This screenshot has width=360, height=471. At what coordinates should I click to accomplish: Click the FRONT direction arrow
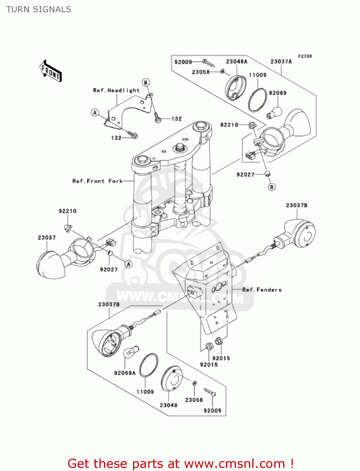click(x=51, y=71)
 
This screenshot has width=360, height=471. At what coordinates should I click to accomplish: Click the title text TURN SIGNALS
click(x=39, y=9)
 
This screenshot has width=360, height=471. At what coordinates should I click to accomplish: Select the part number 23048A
click(x=237, y=62)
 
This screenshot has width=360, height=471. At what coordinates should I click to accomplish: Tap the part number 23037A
click(x=281, y=62)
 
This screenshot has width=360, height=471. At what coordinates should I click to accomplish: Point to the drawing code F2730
click(x=305, y=56)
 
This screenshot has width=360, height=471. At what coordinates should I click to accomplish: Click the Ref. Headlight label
click(x=116, y=90)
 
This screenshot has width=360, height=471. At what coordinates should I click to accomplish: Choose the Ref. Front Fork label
click(x=97, y=181)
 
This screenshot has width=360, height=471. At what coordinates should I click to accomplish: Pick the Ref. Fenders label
click(x=262, y=290)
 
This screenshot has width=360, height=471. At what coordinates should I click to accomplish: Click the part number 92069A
click(x=125, y=373)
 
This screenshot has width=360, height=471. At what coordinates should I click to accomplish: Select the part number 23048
click(x=169, y=405)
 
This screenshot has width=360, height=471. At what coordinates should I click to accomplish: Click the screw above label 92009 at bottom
click(x=210, y=392)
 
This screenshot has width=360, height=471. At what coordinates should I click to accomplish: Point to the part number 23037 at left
click(x=47, y=238)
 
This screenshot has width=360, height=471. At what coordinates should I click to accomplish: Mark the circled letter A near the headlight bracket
click(x=95, y=112)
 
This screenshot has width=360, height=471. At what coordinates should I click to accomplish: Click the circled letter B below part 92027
click(x=272, y=187)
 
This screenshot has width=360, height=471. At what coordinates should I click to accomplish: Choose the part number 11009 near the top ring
click(x=258, y=75)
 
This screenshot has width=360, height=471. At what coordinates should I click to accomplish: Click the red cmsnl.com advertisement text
click(x=180, y=463)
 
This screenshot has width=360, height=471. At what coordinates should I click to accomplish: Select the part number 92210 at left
click(x=67, y=211)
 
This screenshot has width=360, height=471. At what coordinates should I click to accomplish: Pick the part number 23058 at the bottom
click(x=194, y=400)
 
